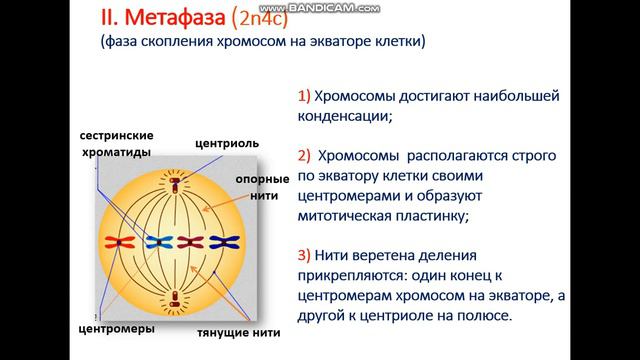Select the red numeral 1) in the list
[x=304, y=96]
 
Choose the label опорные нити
[x=263, y=187]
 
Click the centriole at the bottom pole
[x=176, y=297]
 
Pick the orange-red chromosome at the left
[x=125, y=241]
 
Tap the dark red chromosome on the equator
[x=191, y=241]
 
